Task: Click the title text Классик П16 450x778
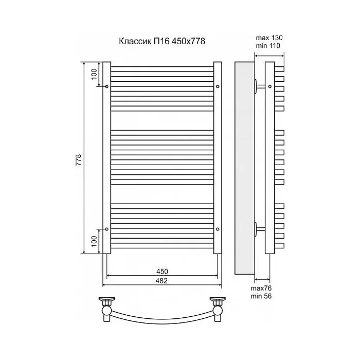[x=162, y=41]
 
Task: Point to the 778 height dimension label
[x=79, y=160]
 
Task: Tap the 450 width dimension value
[x=162, y=272]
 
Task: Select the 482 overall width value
[x=161, y=281]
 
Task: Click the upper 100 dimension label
[x=94, y=74]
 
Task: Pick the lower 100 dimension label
[x=94, y=241]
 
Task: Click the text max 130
[x=269, y=38]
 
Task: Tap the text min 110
[x=268, y=46]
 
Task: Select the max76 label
[x=261, y=288]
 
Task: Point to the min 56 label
[x=261, y=296]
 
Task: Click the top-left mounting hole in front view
[x=107, y=86]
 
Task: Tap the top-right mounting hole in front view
[x=218, y=86]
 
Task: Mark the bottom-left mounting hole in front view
[x=107, y=229]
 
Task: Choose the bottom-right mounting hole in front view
[x=218, y=229]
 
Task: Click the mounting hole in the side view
[x=270, y=86]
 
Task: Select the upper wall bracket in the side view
[x=259, y=86]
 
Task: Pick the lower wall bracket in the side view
[x=259, y=229]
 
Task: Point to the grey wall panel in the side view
[x=244, y=168]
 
